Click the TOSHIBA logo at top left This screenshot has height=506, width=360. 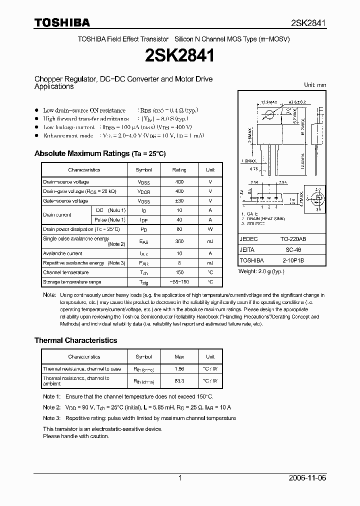pos(62,22)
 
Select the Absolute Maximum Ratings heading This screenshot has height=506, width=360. pos(99,153)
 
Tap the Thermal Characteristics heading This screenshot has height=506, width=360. pos(75,340)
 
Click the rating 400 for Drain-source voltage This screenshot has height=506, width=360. pos(179,182)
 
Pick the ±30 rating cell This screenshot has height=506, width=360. pos(179,201)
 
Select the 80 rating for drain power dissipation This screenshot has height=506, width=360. pos(179,229)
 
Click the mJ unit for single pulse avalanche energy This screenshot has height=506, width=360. pos(210,241)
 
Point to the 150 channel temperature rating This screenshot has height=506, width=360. pos(179,272)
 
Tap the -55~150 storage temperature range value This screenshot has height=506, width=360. pos(179,282)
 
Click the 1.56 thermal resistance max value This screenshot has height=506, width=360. pos(179,369)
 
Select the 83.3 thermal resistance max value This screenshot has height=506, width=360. pos(179,381)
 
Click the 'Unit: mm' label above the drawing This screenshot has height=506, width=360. pos(315,85)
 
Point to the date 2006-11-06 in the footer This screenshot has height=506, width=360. pos(307,478)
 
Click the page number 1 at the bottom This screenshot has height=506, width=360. pos(180,478)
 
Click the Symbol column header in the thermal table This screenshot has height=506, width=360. pos(143,357)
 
